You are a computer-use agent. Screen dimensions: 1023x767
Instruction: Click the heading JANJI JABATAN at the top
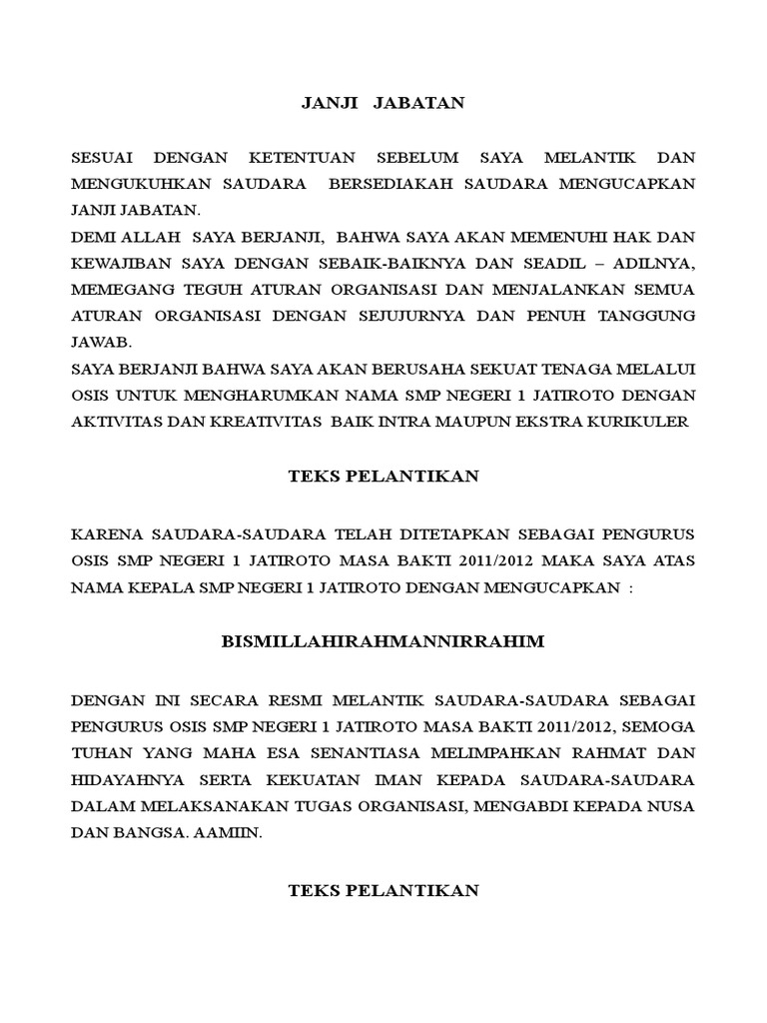383,103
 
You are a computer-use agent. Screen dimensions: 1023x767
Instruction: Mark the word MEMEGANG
115,290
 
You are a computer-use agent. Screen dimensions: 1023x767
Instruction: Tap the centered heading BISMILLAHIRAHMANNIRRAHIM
383,641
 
